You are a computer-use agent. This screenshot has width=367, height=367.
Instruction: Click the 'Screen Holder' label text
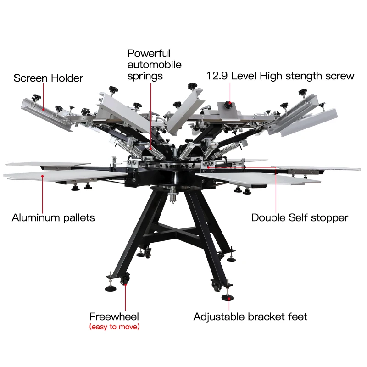(x=48, y=78)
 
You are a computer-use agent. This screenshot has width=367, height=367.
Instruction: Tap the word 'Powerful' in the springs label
(x=149, y=54)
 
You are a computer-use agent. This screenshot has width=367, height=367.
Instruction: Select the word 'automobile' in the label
(x=154, y=65)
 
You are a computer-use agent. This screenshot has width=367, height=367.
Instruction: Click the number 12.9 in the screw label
(x=217, y=76)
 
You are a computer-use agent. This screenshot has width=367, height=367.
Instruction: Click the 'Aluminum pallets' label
(x=53, y=217)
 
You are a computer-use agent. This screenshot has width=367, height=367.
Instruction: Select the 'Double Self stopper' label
(x=300, y=217)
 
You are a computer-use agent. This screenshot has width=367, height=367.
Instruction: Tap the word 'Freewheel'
(x=114, y=317)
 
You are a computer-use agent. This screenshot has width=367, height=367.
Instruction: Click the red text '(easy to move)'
(x=114, y=327)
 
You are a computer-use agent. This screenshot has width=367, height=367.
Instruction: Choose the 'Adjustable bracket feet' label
(x=250, y=317)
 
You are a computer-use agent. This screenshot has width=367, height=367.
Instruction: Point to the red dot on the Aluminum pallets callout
(x=42, y=175)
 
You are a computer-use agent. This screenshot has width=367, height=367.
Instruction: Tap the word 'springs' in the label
(x=145, y=76)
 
